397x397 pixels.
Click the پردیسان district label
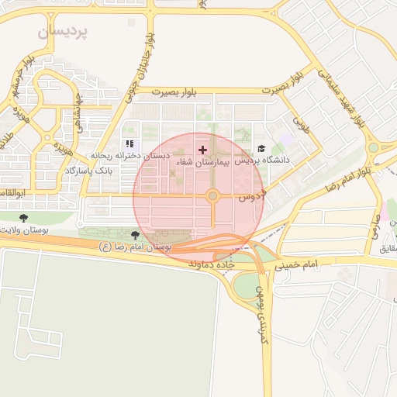(63, 33)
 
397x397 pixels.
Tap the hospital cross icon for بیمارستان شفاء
(203, 149)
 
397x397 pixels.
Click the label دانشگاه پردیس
(262, 161)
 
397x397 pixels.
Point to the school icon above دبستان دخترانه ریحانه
(129, 143)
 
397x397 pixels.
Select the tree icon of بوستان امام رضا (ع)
(136, 234)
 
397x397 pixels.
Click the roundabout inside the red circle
(212, 196)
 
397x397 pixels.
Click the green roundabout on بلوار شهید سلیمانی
(375, 147)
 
